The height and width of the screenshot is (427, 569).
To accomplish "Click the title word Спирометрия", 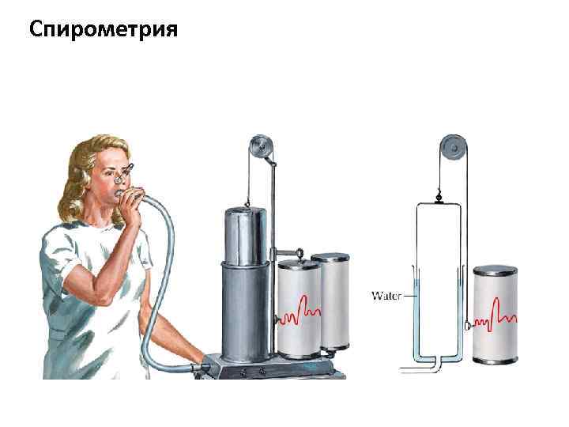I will pos(103,30).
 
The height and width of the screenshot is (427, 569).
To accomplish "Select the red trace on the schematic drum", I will pos(498,312).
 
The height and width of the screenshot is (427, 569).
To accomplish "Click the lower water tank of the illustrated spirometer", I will pos(247,308).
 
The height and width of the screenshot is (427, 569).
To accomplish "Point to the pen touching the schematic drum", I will pos(469,324).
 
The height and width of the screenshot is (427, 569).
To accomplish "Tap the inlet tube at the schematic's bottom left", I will pos(411,368).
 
